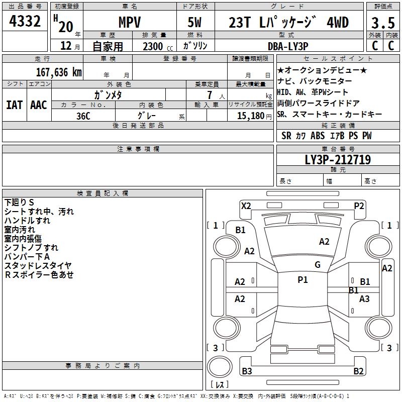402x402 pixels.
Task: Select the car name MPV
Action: click(129, 23)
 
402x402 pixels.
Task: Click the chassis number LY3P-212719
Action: click(338, 160)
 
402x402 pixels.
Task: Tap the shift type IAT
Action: click(14, 105)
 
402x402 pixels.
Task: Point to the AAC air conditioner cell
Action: click(38, 105)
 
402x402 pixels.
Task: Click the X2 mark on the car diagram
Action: click(246, 205)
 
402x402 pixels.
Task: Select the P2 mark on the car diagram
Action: click(359, 205)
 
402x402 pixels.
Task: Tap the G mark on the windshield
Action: click(317, 265)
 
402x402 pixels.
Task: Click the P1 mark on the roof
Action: click(303, 280)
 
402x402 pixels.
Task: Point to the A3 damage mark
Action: click(364, 298)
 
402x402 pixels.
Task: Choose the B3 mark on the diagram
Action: click(247, 371)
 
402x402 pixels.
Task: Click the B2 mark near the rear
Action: click(358, 371)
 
